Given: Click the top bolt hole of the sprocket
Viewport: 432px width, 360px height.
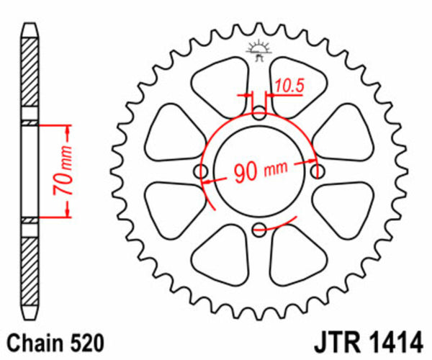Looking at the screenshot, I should pyautogui.click(x=260, y=112).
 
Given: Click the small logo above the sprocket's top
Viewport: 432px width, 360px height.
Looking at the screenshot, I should pyautogui.click(x=258, y=49).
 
